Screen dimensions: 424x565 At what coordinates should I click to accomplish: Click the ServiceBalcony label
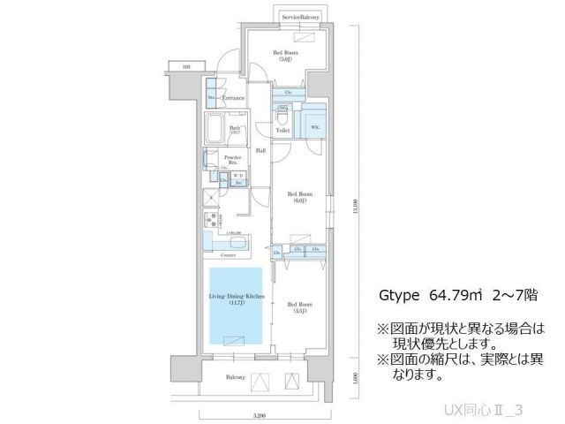pyautogui.click(x=300, y=17)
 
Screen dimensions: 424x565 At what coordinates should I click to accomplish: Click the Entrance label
pyautogui.click(x=232, y=98)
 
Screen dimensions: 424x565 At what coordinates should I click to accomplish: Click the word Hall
pyautogui.click(x=261, y=150)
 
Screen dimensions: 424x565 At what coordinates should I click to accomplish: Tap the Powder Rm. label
pyautogui.click(x=231, y=160)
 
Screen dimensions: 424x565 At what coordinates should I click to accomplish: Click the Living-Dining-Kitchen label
pyautogui.click(x=234, y=299)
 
